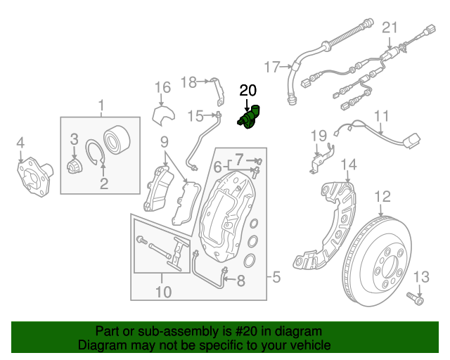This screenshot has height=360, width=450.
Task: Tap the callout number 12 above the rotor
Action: pos(382,196)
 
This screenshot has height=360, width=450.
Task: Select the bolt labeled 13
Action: pos(418,300)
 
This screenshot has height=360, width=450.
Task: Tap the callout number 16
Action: pos(162,87)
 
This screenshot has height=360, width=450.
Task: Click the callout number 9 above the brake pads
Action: pos(163,141)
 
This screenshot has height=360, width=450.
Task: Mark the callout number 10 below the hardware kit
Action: pos(163,290)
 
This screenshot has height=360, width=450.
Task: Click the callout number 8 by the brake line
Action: pos(240,282)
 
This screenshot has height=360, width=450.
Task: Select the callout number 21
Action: pos(390,28)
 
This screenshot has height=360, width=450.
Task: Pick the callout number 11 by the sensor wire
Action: pos(381,117)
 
